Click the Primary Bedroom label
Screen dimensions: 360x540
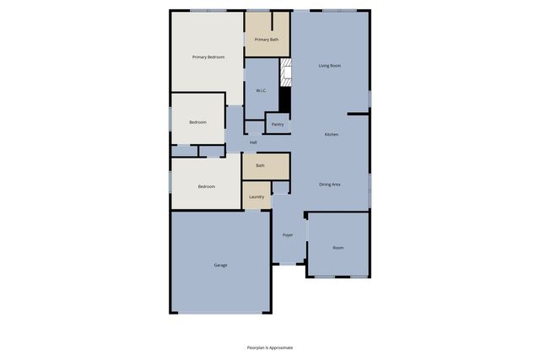(208, 56)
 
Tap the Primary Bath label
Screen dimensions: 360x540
(267, 40)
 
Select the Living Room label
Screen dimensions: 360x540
(329, 65)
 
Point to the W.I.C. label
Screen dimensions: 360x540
(262, 90)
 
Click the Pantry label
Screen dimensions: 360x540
(278, 125)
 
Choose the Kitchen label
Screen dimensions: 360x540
(332, 135)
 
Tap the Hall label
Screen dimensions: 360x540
(253, 142)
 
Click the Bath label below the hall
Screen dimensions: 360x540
(260, 165)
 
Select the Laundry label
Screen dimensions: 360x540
(256, 196)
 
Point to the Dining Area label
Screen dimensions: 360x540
(329, 184)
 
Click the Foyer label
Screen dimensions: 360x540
(288, 235)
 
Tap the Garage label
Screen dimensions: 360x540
(219, 266)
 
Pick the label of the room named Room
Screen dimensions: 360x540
(337, 248)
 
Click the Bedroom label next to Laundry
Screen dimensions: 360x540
(207, 186)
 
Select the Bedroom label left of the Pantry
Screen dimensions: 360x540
(197, 122)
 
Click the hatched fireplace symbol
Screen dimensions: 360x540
(285, 72)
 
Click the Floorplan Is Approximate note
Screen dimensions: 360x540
(270, 347)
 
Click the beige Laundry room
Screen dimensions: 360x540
(256, 202)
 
